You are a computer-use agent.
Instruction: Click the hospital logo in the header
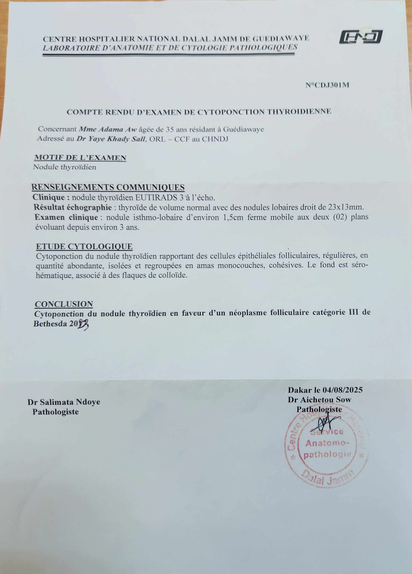[x=361, y=37]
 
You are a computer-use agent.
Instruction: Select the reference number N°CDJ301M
[x=327, y=85]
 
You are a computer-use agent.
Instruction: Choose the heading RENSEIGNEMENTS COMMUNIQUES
[x=108, y=188]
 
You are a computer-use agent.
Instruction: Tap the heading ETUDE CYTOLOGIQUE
[x=84, y=246]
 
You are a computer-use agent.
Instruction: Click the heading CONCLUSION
[x=64, y=304]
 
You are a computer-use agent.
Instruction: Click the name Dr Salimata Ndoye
[x=64, y=402]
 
